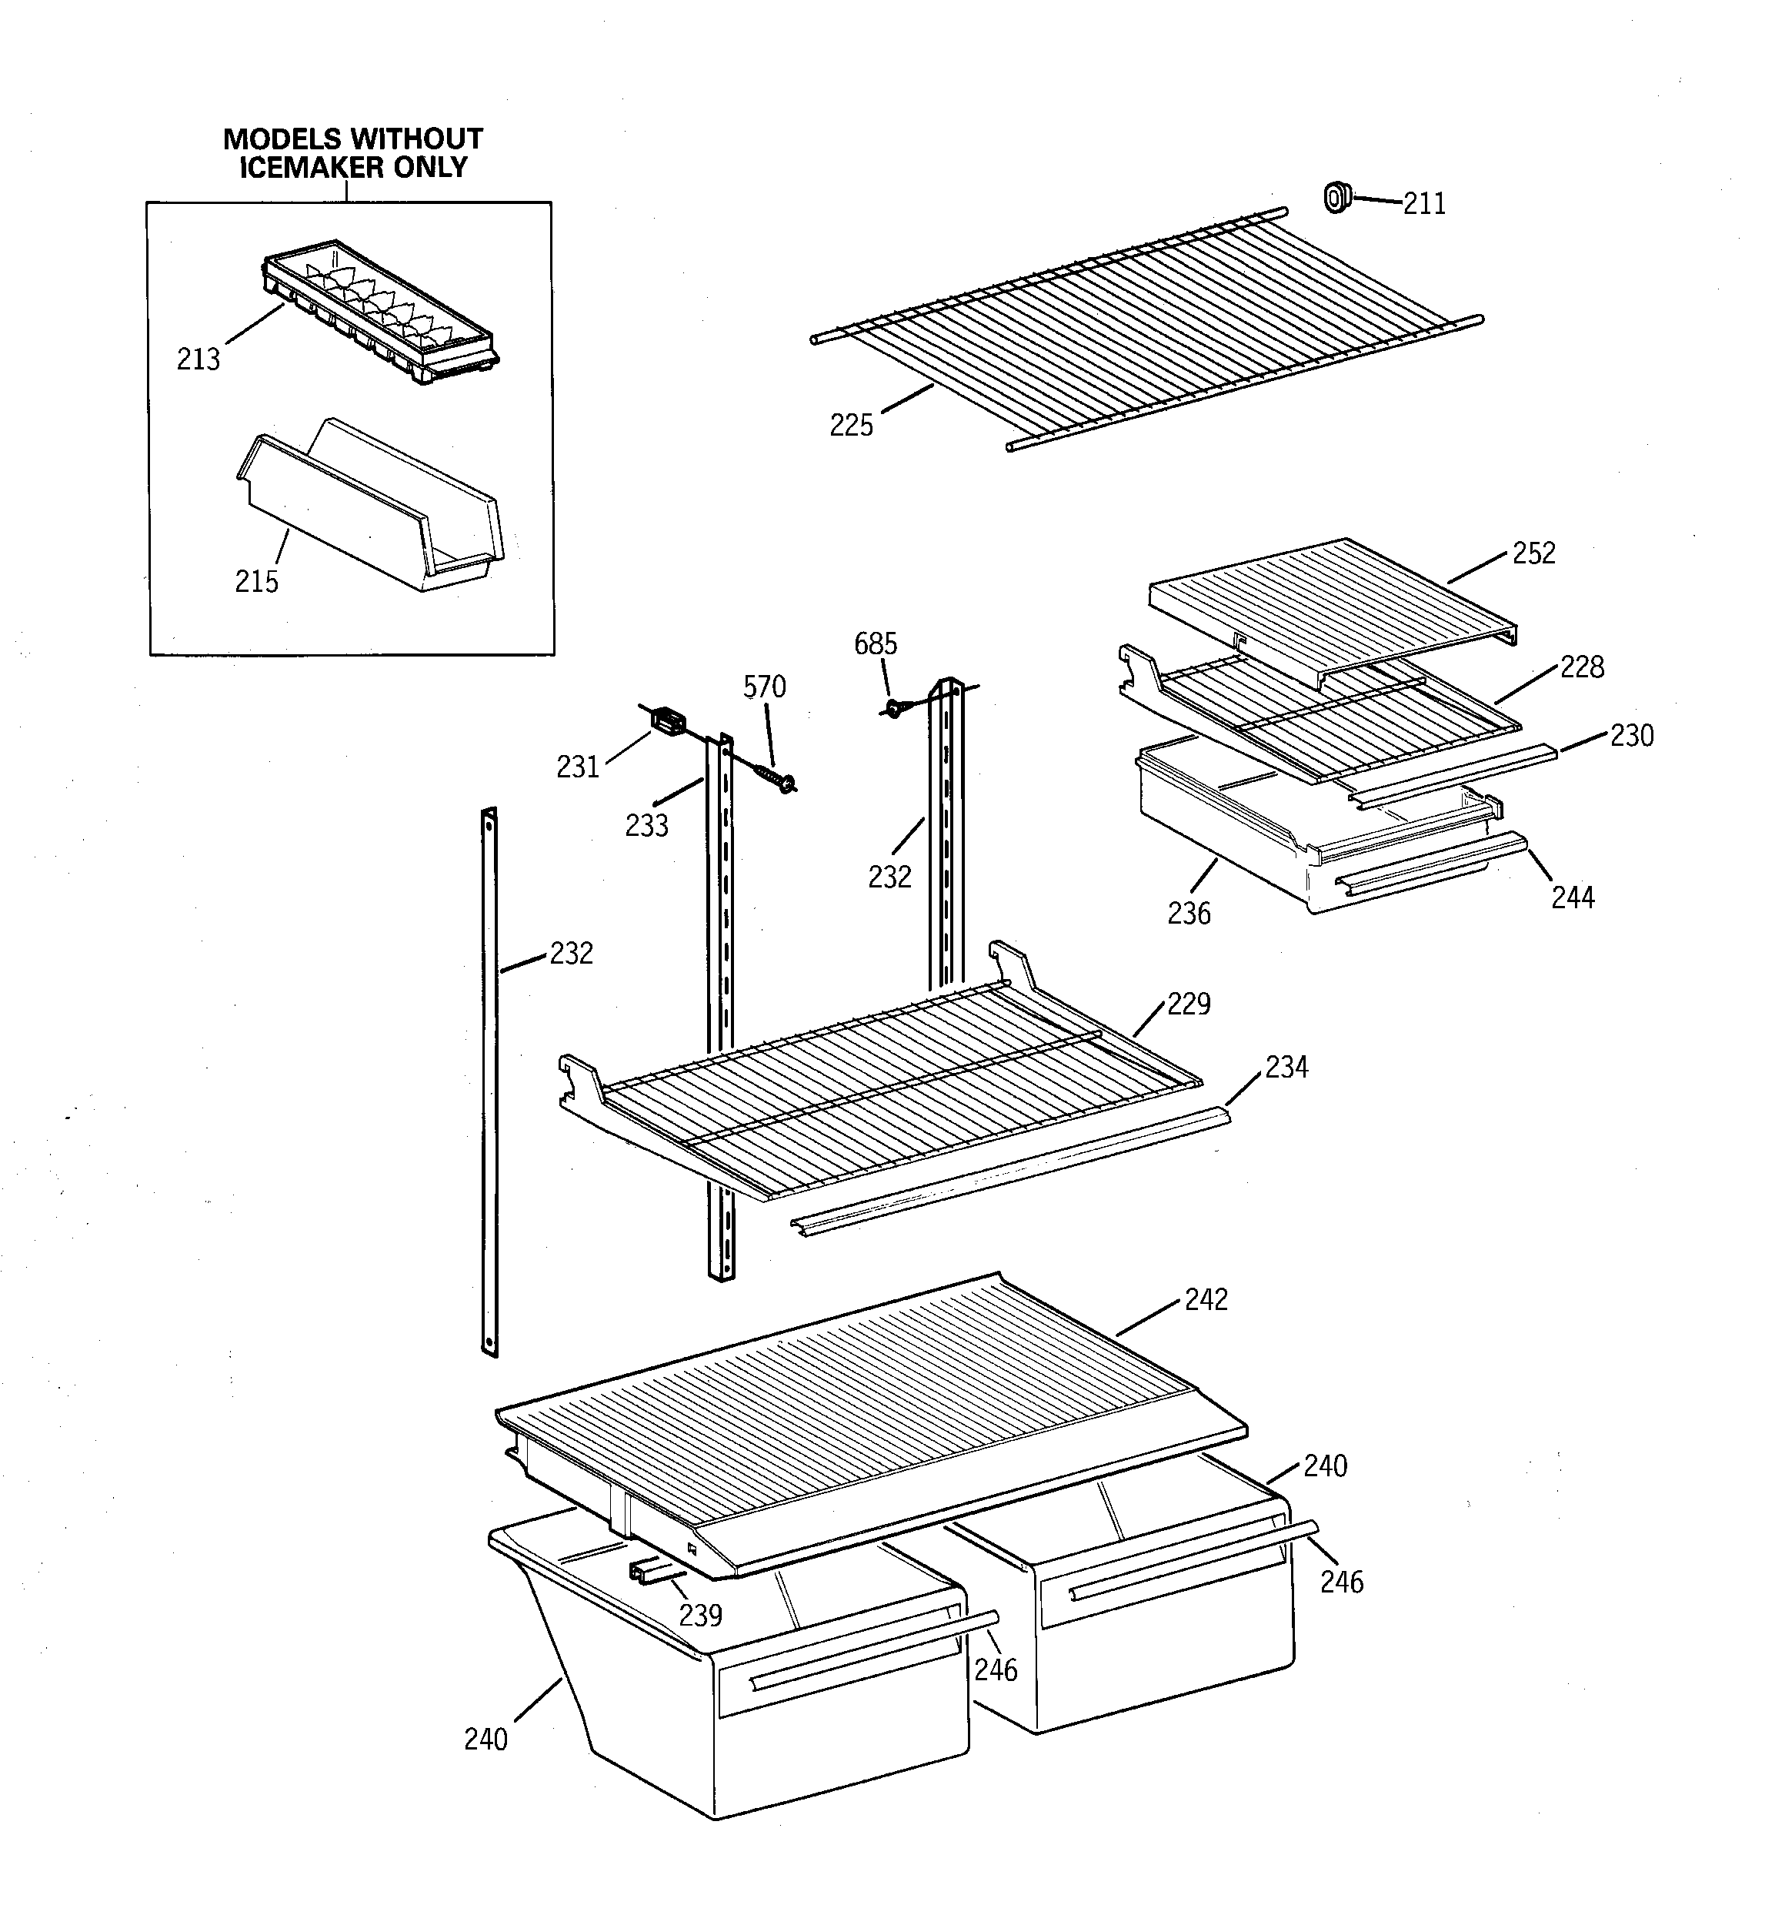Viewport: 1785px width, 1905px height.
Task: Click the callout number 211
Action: point(1424,204)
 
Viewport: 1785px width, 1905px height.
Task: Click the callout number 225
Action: point(851,426)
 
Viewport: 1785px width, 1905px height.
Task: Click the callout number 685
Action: point(875,644)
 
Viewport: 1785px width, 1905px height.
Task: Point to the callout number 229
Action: point(1188,1004)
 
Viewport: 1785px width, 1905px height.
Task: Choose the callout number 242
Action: point(1206,1299)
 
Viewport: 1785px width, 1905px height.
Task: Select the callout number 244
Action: point(1573,898)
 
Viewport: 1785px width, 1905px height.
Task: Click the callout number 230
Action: point(1631,736)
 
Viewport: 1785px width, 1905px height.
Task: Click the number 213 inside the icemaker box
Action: point(199,359)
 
